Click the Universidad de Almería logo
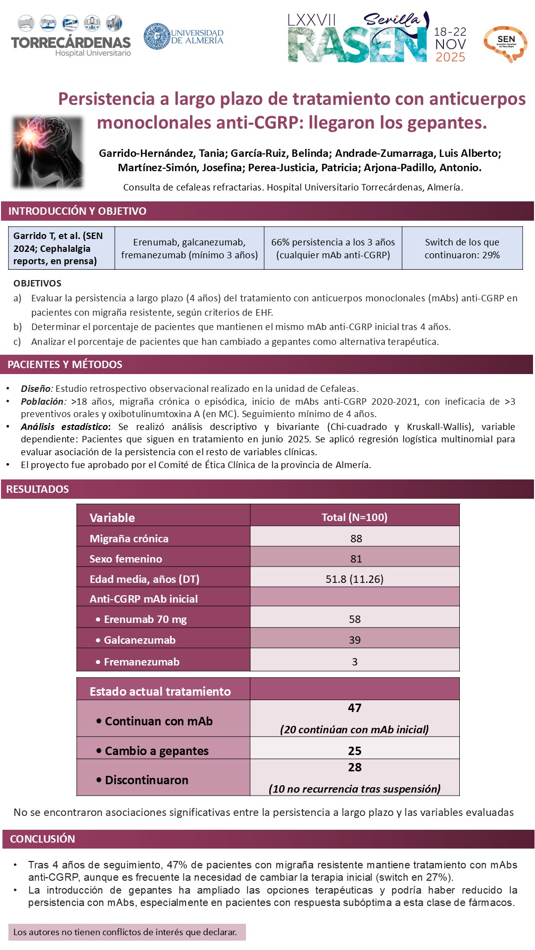pyautogui.click(x=183, y=36)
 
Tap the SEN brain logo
pyautogui.click(x=505, y=43)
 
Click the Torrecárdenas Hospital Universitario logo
pyautogui.click(x=71, y=37)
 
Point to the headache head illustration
pyautogui.click(x=48, y=152)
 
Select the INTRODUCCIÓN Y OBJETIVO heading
pyautogui.click(x=77, y=211)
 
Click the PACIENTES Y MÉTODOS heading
pyautogui.click(x=65, y=365)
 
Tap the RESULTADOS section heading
pyautogui.click(x=38, y=489)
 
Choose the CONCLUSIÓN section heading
pyautogui.click(x=43, y=839)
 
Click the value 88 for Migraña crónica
pyautogui.click(x=356, y=538)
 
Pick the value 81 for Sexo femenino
pyautogui.click(x=356, y=559)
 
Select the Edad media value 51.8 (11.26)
pyautogui.click(x=354, y=579)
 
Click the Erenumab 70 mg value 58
pyautogui.click(x=355, y=619)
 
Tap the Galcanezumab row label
pyautogui.click(x=140, y=640)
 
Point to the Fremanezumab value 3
pyautogui.click(x=355, y=662)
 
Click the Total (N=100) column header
pyautogui.click(x=354, y=517)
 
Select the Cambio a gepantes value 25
pyautogui.click(x=355, y=751)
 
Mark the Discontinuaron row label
pyautogui.click(x=146, y=780)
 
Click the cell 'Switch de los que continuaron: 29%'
pyautogui.click(x=462, y=248)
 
